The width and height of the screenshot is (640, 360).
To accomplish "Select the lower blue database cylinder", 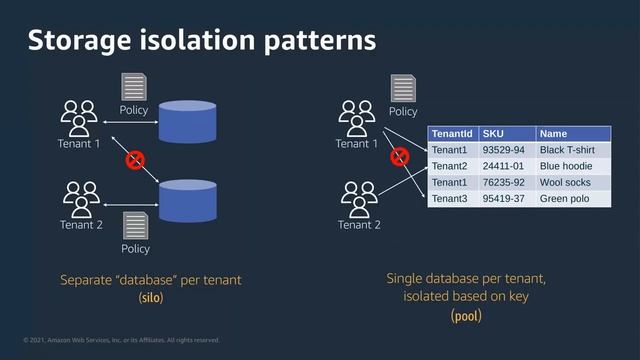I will point(187,198).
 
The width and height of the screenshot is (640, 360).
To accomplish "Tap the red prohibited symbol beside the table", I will point(399,156).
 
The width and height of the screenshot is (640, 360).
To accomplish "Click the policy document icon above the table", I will point(403,88).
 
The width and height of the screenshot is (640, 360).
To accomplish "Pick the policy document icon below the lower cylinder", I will point(134,225).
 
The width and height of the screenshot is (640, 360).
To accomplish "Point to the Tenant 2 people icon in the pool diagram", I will point(358,198).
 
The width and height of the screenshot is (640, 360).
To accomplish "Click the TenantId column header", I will point(451,133).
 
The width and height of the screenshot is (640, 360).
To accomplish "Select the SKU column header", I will point(493,133).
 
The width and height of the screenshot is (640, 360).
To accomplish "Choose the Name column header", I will point(553,133).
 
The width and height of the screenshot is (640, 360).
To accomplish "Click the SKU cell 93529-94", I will point(503,150).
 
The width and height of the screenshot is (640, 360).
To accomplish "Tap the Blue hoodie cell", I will point(566,166).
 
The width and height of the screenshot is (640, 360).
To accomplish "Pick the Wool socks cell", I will point(565,182).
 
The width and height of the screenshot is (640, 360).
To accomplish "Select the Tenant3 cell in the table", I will point(450,198).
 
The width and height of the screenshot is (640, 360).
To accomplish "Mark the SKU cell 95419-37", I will point(503,198).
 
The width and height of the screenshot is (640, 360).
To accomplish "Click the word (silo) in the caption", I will point(150,298).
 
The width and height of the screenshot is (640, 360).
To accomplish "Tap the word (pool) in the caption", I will point(466,316).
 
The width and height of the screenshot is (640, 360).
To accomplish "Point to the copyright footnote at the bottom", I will point(115,341).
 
